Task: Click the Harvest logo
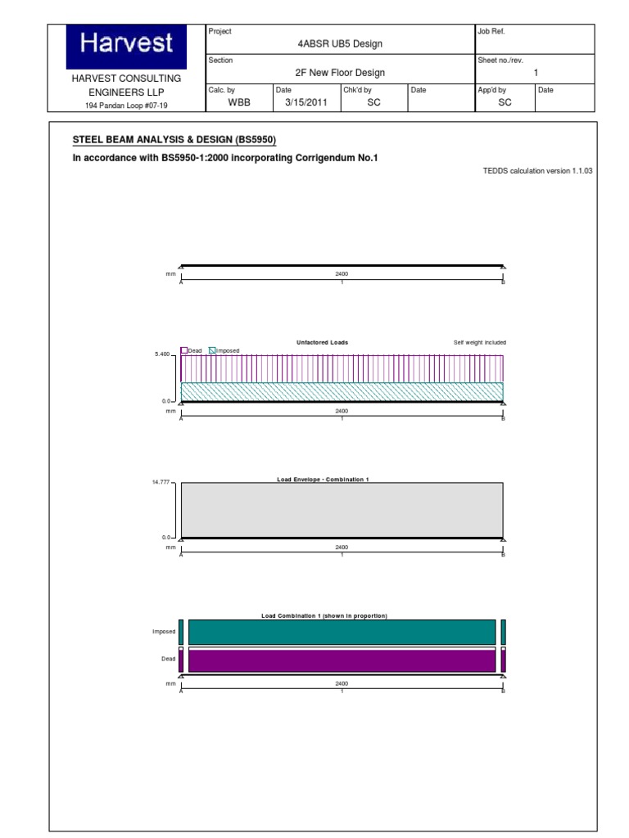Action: click(x=126, y=44)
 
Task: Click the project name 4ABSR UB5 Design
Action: click(x=341, y=43)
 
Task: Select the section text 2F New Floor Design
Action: click(x=341, y=73)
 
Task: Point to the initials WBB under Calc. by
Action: click(x=238, y=102)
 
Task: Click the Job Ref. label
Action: click(x=491, y=31)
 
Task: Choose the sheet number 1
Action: click(x=536, y=73)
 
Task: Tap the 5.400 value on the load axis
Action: click(x=161, y=354)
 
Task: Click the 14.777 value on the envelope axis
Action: click(x=161, y=483)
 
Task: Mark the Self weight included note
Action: click(x=479, y=342)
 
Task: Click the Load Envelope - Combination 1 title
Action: click(x=324, y=479)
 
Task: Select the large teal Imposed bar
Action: click(x=342, y=632)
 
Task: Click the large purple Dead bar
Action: click(x=342, y=660)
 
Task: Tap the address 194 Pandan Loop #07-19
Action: click(x=126, y=106)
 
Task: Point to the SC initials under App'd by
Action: click(x=505, y=102)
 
